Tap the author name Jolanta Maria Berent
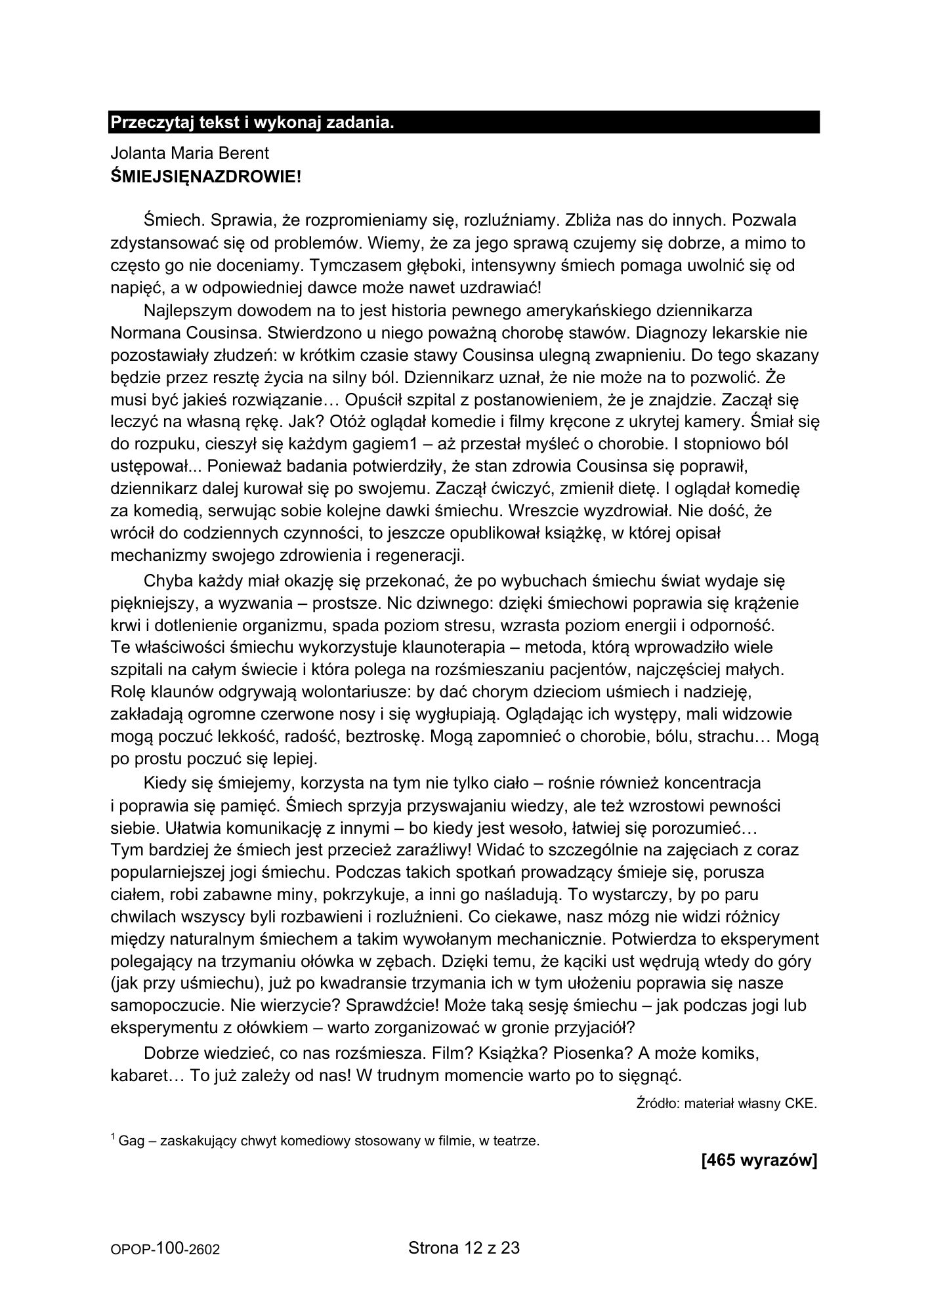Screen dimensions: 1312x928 [190, 154]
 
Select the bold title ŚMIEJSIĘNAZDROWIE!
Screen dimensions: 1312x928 [205, 176]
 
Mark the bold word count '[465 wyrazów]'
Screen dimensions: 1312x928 [759, 1161]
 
